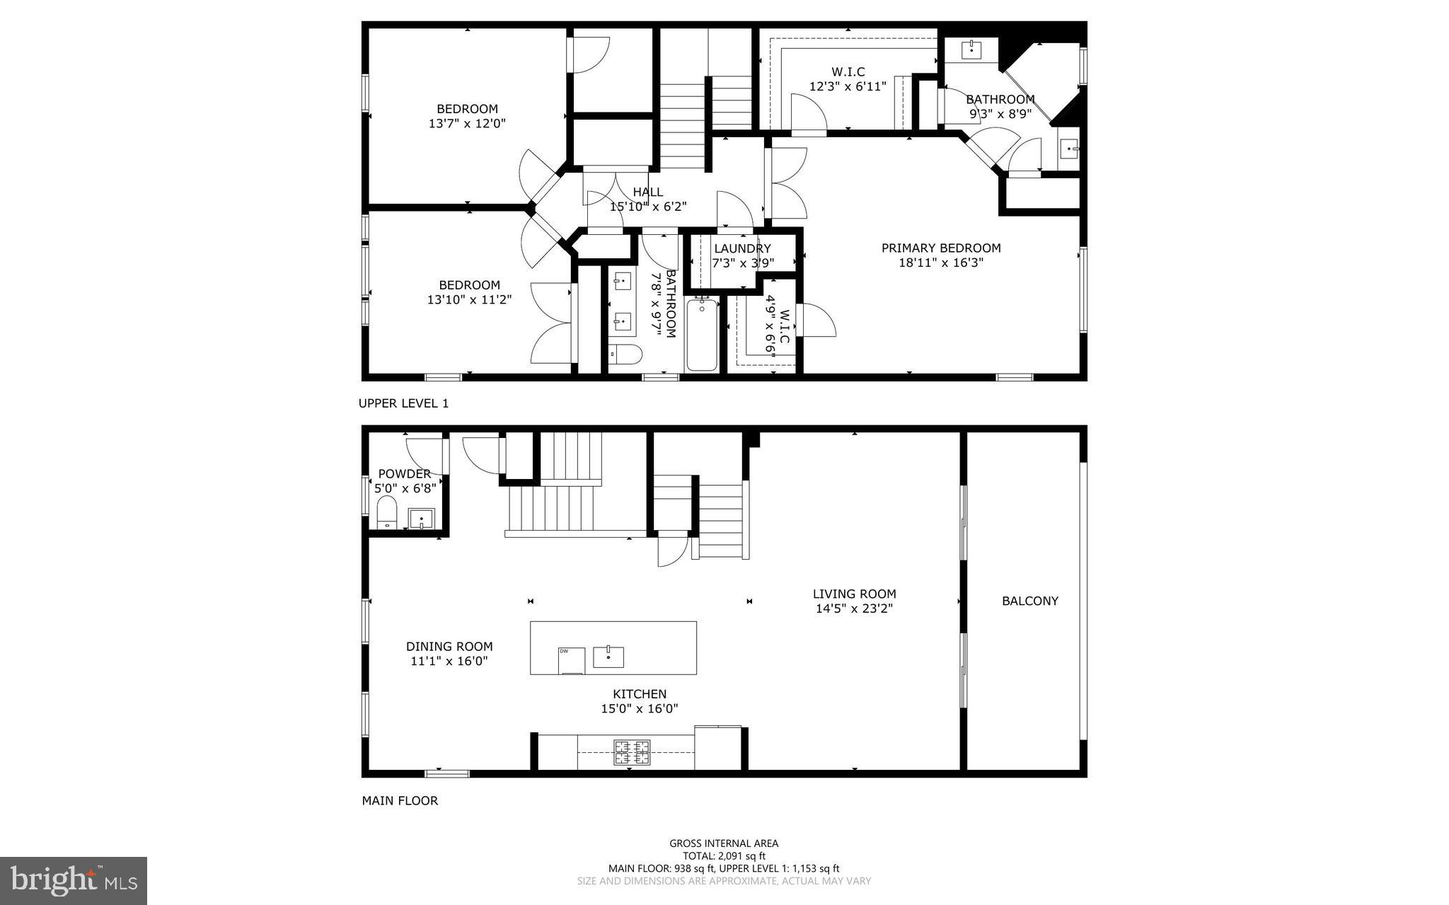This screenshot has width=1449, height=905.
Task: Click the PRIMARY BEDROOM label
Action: pos(941,248)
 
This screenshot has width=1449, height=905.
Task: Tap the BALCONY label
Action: pos(1030,601)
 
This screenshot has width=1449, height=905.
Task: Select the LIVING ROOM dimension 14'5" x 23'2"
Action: pos(854,609)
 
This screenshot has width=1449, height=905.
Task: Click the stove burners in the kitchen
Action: pos(631,753)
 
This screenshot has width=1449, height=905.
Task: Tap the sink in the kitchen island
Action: pos(608,656)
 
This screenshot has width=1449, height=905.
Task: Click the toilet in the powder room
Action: pos(386,512)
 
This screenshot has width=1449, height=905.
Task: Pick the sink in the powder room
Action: pos(422,519)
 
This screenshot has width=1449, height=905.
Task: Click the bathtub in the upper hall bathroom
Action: pos(702,335)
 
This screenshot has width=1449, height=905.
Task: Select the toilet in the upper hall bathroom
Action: pos(625,354)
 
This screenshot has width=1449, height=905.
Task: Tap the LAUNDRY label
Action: pos(742,249)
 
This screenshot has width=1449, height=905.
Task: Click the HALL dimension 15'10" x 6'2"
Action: pos(648,207)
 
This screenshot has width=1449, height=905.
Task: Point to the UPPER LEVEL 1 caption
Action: pos(403,403)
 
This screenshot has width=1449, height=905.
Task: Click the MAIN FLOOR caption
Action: pos(400,801)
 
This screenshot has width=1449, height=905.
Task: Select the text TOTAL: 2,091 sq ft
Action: pos(724,855)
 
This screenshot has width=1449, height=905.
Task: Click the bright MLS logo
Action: pos(74,880)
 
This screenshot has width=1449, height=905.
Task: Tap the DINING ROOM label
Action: pos(449,647)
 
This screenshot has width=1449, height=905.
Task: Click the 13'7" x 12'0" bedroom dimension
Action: pos(467,123)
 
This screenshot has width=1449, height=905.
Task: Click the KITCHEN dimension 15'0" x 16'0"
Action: pos(640,708)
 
